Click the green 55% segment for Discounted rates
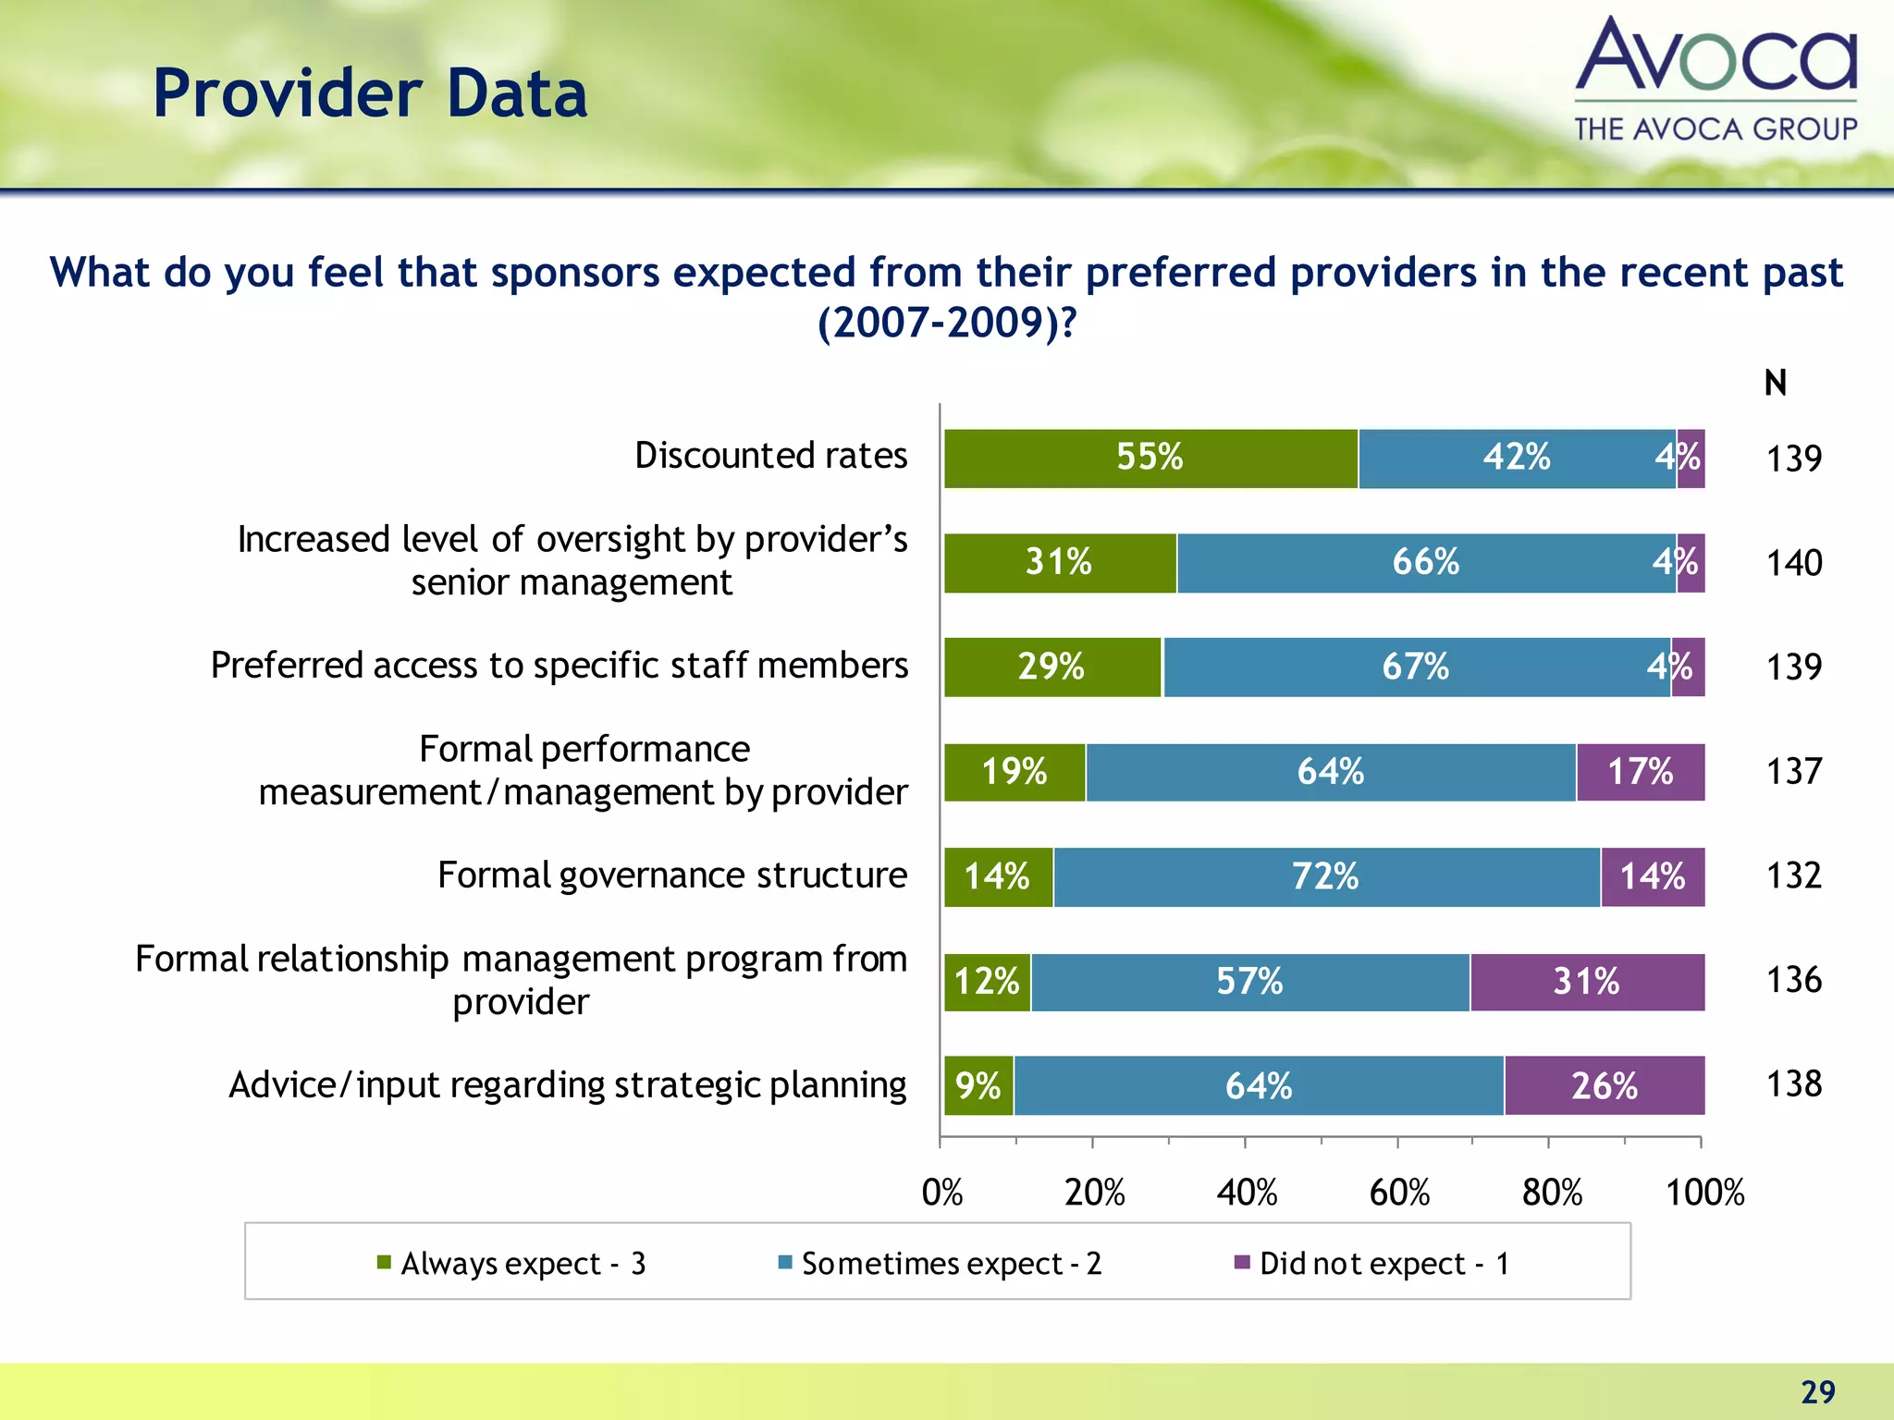tap(1150, 459)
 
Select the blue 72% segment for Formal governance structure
tap(1326, 876)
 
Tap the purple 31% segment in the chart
tap(1587, 982)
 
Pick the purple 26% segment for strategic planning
tap(1604, 1086)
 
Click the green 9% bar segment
tap(978, 1086)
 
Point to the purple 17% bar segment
tap(1641, 772)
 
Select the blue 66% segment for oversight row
tap(1426, 563)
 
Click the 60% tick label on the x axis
tap(1399, 1193)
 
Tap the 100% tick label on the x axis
tap(1704, 1193)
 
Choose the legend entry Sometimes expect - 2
tap(951, 1263)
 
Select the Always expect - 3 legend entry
tap(523, 1263)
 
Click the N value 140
tap(1794, 563)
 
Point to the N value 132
tap(1794, 875)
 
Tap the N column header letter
tap(1775, 384)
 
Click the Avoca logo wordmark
tap(1716, 57)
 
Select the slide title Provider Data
tap(370, 94)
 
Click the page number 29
tap(1817, 1391)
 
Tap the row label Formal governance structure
tap(672, 875)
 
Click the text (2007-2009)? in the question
tap(947, 323)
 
